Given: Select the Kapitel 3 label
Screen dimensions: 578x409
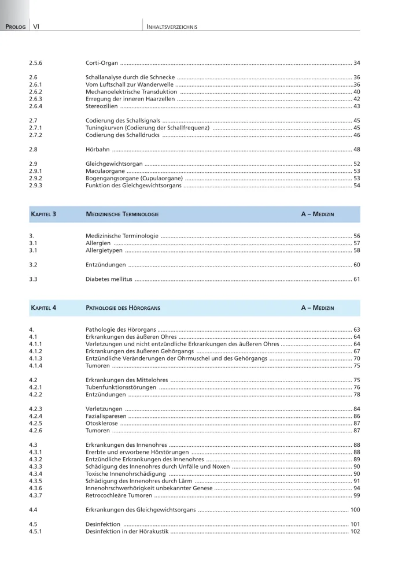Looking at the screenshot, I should tap(43, 214).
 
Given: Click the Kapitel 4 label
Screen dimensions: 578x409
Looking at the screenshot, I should tap(43, 308).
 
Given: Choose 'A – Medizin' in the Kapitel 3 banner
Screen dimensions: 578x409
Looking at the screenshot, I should tap(317, 214).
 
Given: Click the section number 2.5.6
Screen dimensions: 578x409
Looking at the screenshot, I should tap(36, 62).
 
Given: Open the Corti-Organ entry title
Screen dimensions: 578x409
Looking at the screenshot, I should tap(101, 62).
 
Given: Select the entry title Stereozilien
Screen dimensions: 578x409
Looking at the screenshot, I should tap(102, 106).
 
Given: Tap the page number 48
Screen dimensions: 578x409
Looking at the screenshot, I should tap(356, 149).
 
